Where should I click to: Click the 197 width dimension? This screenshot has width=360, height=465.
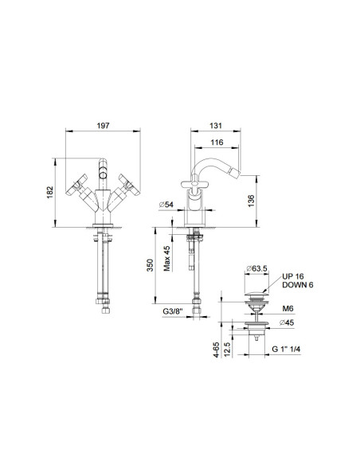tap(103, 126)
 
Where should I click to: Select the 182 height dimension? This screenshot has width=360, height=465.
tap(50, 192)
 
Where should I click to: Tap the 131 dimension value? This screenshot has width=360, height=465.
tap(216, 126)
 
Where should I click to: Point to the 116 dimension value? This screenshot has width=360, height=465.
tap(217, 143)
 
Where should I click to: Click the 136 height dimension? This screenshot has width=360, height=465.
tap(251, 201)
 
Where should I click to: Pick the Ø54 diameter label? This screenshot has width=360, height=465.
tap(166, 205)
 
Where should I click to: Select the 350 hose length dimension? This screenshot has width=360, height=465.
tap(150, 265)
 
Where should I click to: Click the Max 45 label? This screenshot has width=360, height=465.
tap(167, 258)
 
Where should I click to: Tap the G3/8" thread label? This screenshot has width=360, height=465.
tap(173, 311)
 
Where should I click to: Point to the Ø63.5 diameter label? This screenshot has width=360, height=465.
tap(256, 268)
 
